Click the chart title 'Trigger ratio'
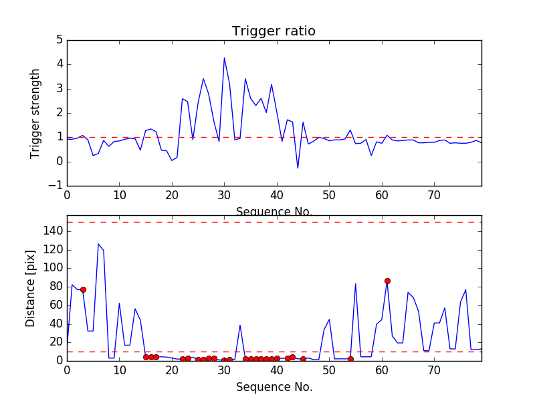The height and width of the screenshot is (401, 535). [274, 31]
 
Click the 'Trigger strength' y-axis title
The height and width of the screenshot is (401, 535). [35, 113]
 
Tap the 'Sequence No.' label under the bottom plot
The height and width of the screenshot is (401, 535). [274, 387]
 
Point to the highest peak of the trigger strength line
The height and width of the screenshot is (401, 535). [224, 58]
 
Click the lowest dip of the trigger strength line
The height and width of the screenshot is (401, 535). [298, 168]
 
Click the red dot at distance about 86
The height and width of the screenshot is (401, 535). [387, 281]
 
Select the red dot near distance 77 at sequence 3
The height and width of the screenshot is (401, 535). [83, 289]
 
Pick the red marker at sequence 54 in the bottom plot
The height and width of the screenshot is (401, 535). [350, 359]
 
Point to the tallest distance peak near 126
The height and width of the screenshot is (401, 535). [98, 244]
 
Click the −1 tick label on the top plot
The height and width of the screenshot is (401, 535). [56, 186]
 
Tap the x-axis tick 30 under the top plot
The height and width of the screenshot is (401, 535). [224, 196]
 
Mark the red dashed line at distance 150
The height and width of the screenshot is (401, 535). [267, 222]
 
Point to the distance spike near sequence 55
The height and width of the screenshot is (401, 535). [356, 284]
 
